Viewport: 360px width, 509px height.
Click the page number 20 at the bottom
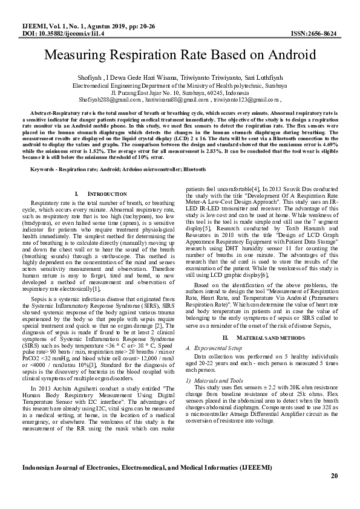[x=333, y=476]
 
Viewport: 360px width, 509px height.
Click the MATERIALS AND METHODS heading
[x=261, y=337]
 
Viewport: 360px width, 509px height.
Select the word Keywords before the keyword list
[x=43, y=163]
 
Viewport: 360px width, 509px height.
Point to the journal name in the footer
[x=146, y=467]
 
